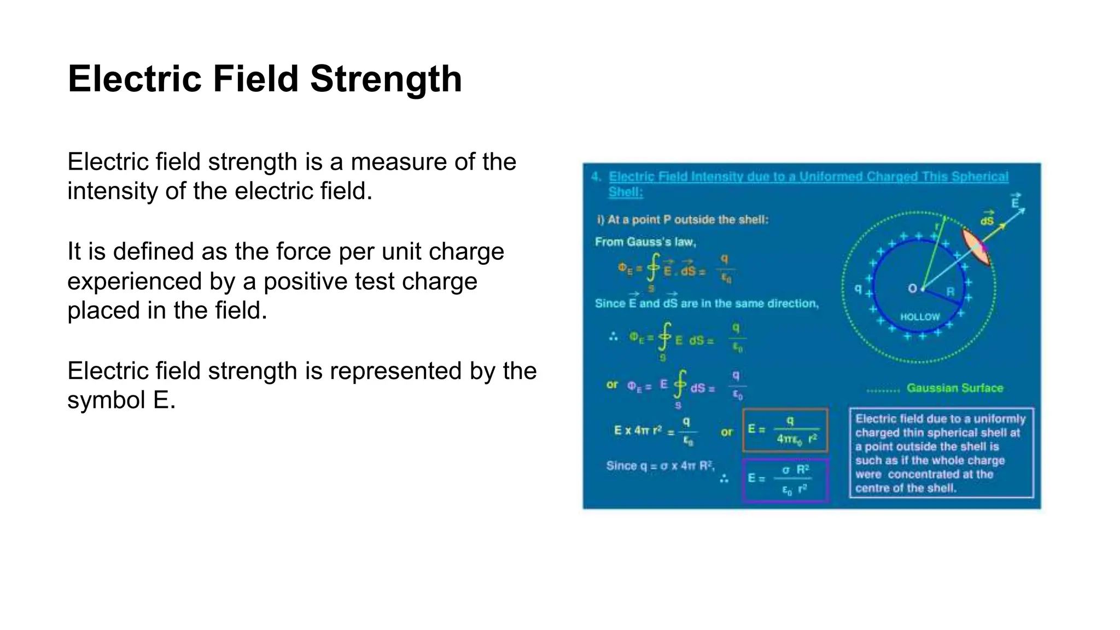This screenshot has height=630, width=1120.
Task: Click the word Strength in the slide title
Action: click(386, 79)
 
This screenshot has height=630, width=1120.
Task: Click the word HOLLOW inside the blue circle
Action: click(920, 317)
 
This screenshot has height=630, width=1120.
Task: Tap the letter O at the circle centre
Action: click(912, 288)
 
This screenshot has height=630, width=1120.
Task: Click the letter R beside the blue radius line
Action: click(950, 291)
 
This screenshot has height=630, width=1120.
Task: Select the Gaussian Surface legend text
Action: click(954, 388)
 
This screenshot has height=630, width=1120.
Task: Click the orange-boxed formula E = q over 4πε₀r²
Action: click(785, 430)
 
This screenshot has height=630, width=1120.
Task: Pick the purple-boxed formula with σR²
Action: click(785, 480)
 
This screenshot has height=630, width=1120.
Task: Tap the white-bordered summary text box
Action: click(941, 453)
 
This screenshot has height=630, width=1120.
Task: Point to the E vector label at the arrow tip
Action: click(1015, 202)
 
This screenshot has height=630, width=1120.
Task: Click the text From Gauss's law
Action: click(645, 242)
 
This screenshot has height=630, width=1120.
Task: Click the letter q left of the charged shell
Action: click(858, 288)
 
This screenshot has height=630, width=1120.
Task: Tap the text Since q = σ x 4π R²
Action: click(659, 466)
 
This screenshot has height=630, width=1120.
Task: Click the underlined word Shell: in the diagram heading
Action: click(626, 192)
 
